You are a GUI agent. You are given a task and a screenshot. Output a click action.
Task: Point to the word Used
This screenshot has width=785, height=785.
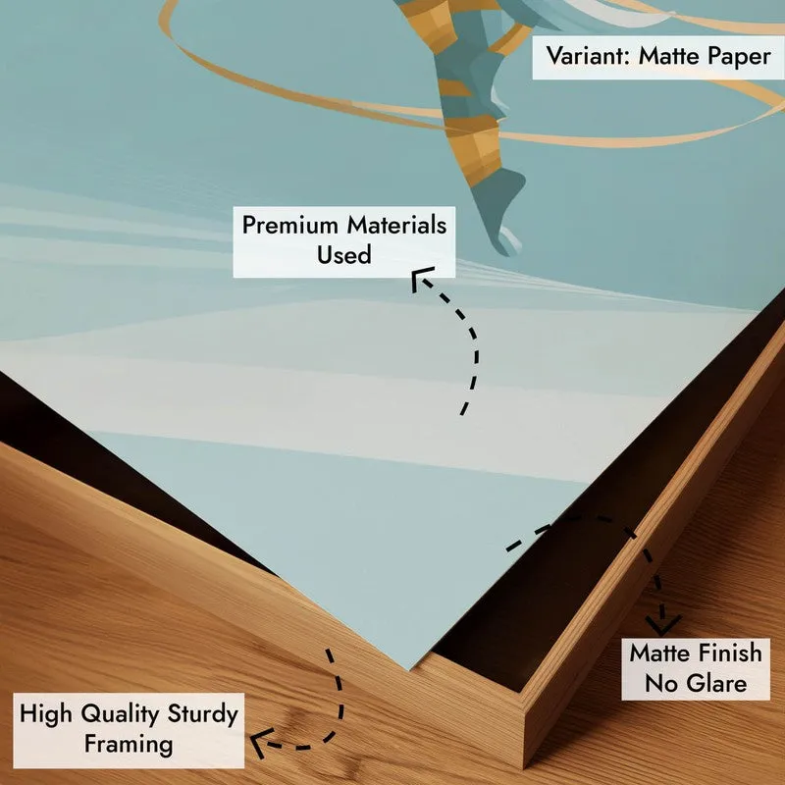click(x=344, y=254)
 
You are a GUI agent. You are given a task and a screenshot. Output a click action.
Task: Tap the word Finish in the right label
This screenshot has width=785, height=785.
click(x=730, y=653)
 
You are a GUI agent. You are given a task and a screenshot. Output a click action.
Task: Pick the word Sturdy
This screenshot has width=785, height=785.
click(x=203, y=714)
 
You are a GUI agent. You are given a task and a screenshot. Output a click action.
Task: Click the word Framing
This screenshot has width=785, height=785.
click(x=129, y=744)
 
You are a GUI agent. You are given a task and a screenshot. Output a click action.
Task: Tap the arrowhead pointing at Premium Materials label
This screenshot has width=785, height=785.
click(x=420, y=278)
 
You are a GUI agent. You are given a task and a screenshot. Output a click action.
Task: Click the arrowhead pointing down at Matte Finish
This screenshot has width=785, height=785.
click(x=663, y=626)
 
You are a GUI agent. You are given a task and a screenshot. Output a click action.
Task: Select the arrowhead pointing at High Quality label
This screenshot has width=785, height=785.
click(x=259, y=741)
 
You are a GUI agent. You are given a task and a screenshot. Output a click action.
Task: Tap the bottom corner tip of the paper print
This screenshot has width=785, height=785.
click(x=409, y=669)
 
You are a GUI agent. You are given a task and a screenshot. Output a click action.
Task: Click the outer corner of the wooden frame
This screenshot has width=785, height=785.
click(x=524, y=767)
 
